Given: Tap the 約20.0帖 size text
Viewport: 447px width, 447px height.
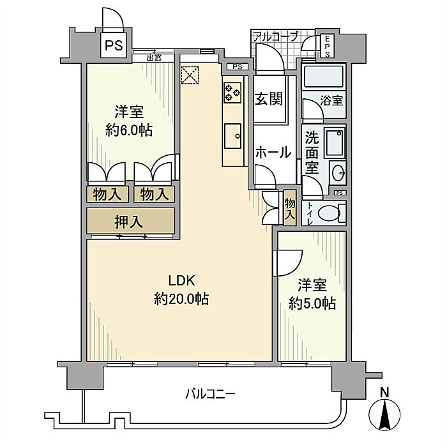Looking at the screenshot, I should coord(182,298).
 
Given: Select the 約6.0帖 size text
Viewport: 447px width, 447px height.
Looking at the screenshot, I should coord(128,130).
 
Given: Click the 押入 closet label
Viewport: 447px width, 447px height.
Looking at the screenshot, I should coord(129,222).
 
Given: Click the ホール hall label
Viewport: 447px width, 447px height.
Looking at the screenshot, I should coord(273,153).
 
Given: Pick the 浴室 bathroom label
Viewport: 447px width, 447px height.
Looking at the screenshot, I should coord(332,100).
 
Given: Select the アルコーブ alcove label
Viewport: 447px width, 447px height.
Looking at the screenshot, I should coord(275,36).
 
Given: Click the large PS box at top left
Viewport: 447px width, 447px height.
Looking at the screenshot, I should coord(114,45).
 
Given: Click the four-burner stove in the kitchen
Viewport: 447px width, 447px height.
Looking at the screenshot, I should coord(232,93).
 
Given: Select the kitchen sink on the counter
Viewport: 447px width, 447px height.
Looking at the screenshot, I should coord(232,135).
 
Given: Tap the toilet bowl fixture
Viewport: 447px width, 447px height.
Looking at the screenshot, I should coord(330,213).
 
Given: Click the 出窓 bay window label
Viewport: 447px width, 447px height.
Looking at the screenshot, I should coord(154,57).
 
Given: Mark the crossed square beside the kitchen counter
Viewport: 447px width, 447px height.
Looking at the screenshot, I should coord(190,75).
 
